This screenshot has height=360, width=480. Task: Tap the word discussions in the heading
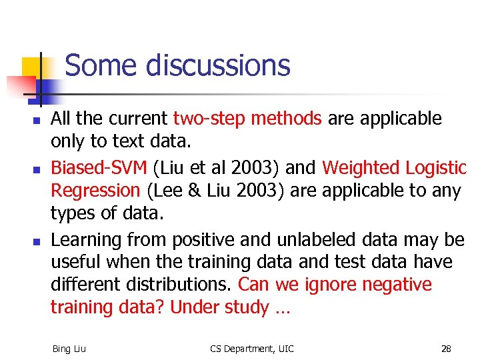point(218,66)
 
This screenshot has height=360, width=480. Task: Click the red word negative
point(397,285)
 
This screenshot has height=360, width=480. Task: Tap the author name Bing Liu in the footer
point(69,348)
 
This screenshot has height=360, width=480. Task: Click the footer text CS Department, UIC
point(251,348)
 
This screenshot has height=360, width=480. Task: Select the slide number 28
point(445,348)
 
